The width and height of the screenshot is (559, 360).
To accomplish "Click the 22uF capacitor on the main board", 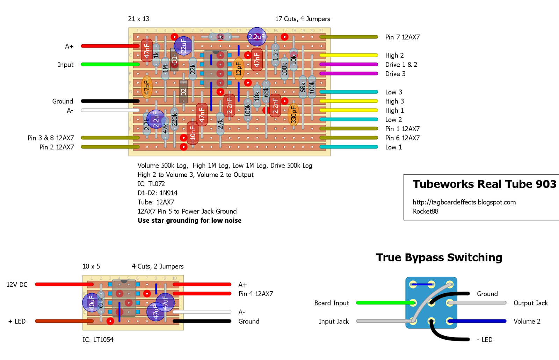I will point(183,46).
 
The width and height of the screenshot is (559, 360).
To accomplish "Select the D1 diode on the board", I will point(174,60).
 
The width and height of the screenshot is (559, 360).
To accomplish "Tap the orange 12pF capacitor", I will point(238,69).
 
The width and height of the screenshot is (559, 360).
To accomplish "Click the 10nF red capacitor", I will point(193,133).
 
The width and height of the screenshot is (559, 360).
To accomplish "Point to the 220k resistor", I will point(174,120).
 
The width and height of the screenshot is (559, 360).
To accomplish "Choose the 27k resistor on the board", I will point(220,124).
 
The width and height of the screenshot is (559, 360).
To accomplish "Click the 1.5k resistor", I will point(275,55).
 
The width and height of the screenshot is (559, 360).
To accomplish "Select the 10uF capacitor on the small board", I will point(92,302).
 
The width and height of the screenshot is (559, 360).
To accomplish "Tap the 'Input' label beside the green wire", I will point(66,65).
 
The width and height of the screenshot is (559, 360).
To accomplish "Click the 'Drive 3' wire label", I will point(395,74).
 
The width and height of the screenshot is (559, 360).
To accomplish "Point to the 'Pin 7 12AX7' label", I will point(402,37).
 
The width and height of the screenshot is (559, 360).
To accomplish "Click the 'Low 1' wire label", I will point(393,147).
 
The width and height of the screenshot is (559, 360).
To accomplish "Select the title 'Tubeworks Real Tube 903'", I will point(484,184).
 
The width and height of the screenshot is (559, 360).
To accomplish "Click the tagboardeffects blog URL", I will point(464,202).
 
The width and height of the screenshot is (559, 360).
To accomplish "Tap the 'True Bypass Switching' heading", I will point(439,257).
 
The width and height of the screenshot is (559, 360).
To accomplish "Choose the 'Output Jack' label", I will point(530,303).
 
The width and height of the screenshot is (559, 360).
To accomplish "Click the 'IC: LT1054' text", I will point(98,339).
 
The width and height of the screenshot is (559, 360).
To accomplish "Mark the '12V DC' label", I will point(17,285).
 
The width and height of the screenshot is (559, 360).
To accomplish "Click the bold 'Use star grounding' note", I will point(189,220).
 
